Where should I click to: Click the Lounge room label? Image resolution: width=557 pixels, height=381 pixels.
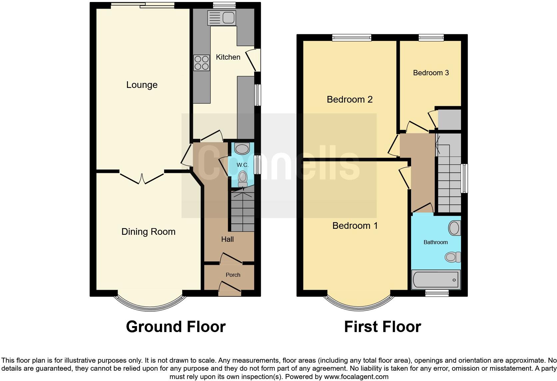[142, 85]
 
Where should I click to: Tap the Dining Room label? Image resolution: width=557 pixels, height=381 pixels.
[148, 232]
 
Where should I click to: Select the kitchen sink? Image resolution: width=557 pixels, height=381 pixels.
[221, 18]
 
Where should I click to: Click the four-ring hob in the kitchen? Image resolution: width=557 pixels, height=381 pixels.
[202, 63]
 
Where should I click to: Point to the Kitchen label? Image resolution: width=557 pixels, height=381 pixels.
[228, 57]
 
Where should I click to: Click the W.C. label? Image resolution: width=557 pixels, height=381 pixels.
[243, 165]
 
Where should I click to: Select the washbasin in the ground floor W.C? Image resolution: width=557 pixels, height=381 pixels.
[242, 148]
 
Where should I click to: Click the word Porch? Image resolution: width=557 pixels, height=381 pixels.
[233, 275]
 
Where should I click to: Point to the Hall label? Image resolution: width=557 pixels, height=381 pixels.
[228, 239]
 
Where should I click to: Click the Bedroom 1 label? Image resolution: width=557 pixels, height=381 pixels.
[355, 226]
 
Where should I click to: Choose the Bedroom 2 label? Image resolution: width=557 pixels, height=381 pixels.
[349, 99]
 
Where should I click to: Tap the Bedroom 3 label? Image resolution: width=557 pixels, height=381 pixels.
[431, 73]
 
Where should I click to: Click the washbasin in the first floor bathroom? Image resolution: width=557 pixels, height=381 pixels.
[454, 228]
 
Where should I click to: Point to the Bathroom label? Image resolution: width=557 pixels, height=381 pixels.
[435, 242]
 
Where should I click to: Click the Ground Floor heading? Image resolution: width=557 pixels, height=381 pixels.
[176, 327]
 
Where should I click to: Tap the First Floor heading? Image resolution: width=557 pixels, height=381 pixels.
[382, 327]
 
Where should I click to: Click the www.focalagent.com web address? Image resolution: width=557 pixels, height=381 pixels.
[356, 377]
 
